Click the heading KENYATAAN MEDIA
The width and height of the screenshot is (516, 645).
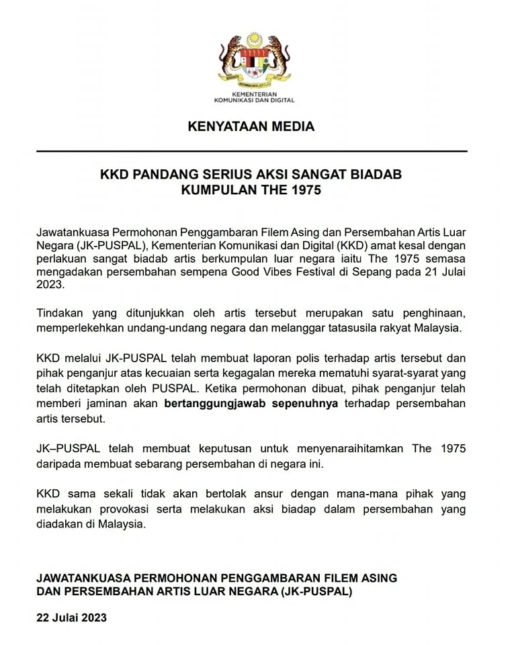point(251,126)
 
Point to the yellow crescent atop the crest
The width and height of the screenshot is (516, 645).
point(254,39)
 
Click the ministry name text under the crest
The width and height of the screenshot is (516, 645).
point(254,97)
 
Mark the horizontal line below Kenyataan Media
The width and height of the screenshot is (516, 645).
point(251,152)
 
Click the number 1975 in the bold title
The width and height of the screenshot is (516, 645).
point(304,190)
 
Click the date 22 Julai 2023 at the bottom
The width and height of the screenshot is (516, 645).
point(71,617)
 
